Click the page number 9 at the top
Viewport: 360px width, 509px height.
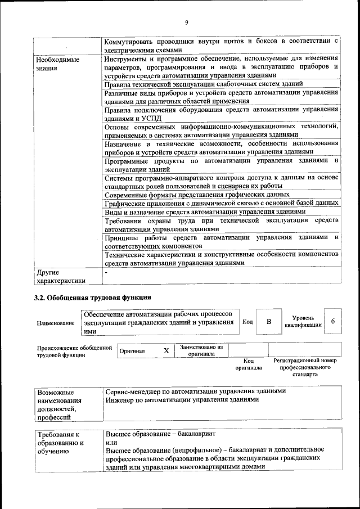pyautogui.click(x=186, y=22)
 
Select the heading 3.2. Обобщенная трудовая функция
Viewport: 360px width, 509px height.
pyautogui.click(x=93, y=296)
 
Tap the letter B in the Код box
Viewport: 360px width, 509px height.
pyautogui.click(x=269, y=322)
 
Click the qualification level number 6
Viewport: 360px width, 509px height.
pyautogui.click(x=333, y=321)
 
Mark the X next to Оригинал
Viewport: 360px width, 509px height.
pyautogui.click(x=166, y=350)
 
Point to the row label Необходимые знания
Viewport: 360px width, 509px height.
pyautogui.click(x=57, y=64)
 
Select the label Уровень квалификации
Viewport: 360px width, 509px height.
pyautogui.click(x=303, y=321)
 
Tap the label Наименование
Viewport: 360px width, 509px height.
pyautogui.click(x=56, y=323)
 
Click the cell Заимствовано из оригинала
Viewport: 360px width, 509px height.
pyautogui.click(x=201, y=350)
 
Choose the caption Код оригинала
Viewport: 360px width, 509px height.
pyautogui.click(x=249, y=364)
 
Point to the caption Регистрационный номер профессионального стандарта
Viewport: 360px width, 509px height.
pyautogui.click(x=305, y=367)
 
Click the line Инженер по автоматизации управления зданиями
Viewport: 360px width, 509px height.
pyautogui.click(x=182, y=400)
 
